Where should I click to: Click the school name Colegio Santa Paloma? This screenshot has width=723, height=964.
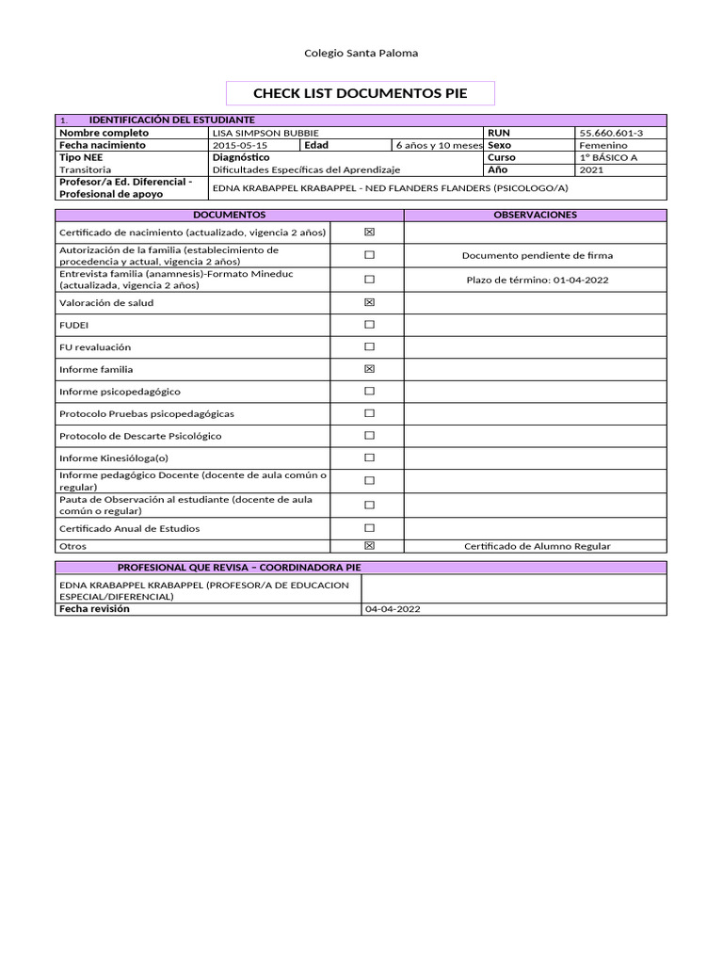(361, 54)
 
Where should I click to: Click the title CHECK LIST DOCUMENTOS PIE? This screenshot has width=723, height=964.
(361, 93)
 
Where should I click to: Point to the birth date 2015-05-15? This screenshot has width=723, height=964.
(240, 146)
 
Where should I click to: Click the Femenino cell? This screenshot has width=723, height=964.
(603, 146)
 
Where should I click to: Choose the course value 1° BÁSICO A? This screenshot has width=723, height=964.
(608, 158)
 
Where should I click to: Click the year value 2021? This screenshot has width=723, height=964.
(592, 170)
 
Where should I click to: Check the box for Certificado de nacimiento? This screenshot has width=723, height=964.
(369, 232)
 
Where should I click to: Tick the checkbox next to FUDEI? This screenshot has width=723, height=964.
(369, 324)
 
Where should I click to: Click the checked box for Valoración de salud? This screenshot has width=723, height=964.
(369, 302)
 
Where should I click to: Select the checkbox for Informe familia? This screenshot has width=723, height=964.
(369, 369)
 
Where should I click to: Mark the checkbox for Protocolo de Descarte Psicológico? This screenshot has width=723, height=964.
(369, 435)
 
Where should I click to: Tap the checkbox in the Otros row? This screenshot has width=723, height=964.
(369, 545)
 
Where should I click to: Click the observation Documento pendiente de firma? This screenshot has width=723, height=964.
(537, 255)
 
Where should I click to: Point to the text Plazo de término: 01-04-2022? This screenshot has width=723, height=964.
(537, 280)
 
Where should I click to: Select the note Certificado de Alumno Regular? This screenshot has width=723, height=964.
(537, 546)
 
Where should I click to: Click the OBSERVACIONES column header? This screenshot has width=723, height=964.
(535, 215)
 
